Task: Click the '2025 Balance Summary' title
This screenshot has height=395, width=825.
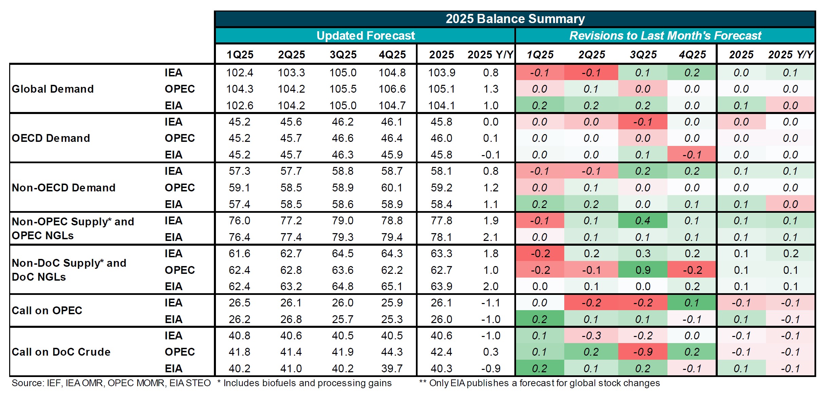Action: pyautogui.click(x=515, y=19)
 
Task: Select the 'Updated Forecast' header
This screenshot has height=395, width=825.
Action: pyautogui.click(x=365, y=36)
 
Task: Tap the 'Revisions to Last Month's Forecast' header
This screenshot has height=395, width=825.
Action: pyautogui.click(x=665, y=36)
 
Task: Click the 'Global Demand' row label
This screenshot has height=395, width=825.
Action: pyautogui.click(x=53, y=89)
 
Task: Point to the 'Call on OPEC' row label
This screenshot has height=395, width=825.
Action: pyautogui.click(x=47, y=311)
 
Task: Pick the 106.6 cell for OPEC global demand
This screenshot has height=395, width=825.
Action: pyautogui.click(x=392, y=89)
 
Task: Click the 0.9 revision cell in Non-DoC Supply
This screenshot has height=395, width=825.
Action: pyautogui.click(x=643, y=270)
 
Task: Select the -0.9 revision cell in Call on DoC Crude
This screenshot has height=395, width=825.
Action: pyautogui.click(x=643, y=352)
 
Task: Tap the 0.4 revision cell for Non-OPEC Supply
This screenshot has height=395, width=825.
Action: pyautogui.click(x=643, y=221)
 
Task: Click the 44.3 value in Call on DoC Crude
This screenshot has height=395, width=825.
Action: pyautogui.click(x=392, y=352)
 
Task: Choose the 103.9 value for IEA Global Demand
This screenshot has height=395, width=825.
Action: pyautogui.click(x=441, y=73)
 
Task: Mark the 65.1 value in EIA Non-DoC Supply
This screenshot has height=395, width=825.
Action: pyautogui.click(x=392, y=286)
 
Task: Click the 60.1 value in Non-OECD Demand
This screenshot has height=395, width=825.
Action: pyautogui.click(x=392, y=188)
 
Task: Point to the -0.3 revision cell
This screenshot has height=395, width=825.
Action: pyautogui.click(x=591, y=336)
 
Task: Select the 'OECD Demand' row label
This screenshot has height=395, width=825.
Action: pyautogui.click(x=51, y=138)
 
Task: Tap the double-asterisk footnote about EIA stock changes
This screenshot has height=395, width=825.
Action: pyautogui.click(x=539, y=383)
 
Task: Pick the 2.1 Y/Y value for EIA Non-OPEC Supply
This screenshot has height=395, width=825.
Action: pyautogui.click(x=491, y=237)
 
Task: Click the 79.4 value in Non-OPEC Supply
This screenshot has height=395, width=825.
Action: pyautogui.click(x=392, y=237)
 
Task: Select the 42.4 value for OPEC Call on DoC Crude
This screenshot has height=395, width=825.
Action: pyautogui.click(x=441, y=352)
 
